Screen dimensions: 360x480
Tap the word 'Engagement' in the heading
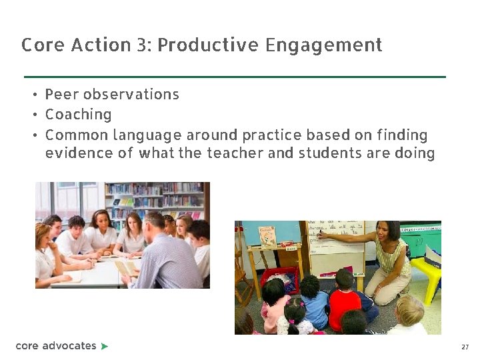pos(323,45)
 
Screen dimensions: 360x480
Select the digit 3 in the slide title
pos(142,45)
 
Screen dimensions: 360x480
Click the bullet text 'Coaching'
pos(78,115)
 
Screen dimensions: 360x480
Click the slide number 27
pos(465,347)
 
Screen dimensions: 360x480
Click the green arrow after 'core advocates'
pos(104,346)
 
